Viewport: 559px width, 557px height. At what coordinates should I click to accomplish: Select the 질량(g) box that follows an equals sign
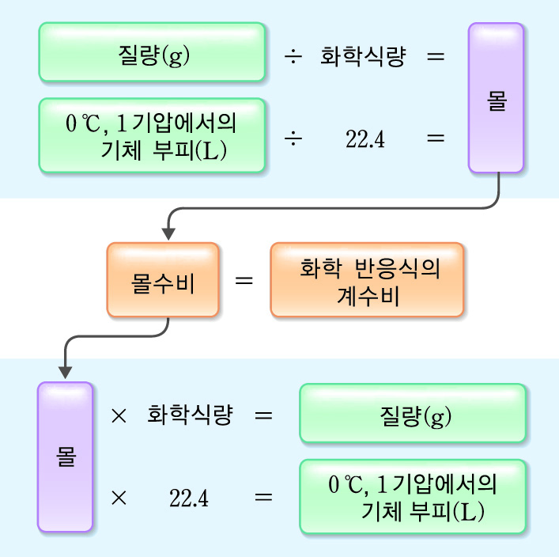pyautogui.click(x=412, y=413)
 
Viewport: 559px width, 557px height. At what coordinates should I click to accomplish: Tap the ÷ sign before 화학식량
pyautogui.click(x=293, y=58)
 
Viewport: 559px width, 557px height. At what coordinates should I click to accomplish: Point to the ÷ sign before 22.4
pyautogui.click(x=293, y=138)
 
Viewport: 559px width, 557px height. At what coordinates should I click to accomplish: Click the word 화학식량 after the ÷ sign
pyautogui.click(x=362, y=57)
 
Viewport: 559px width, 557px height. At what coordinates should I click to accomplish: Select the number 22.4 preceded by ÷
pyautogui.click(x=364, y=139)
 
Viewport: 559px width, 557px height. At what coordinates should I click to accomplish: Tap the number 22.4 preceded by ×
pyautogui.click(x=189, y=498)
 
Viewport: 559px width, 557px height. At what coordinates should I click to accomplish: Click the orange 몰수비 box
pyautogui.click(x=163, y=280)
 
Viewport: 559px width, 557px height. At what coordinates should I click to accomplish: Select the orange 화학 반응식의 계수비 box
pyautogui.click(x=368, y=280)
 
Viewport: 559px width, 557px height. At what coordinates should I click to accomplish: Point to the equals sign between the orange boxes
pyautogui.click(x=244, y=280)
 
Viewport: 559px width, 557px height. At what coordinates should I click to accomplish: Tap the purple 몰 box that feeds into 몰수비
pyautogui.click(x=496, y=97)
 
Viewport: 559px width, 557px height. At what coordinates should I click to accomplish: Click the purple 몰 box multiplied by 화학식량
pyautogui.click(x=65, y=457)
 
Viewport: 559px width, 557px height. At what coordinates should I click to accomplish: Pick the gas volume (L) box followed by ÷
pyautogui.click(x=152, y=135)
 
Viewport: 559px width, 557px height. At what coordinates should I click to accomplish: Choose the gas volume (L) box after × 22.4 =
pyautogui.click(x=412, y=496)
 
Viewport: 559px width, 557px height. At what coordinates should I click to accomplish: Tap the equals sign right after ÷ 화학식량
pyautogui.click(x=435, y=57)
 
